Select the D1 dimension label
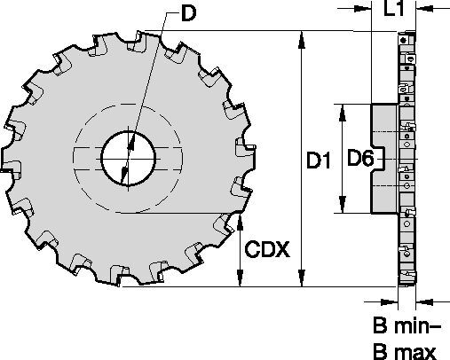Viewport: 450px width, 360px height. click(320, 160)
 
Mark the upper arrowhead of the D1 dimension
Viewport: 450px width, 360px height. click(303, 36)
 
